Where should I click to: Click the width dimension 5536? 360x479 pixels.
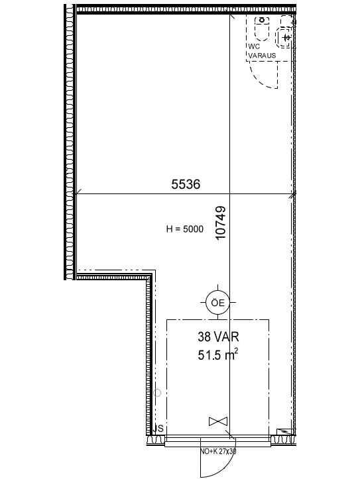tap(186, 184)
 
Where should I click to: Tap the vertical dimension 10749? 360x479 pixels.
tap(221, 223)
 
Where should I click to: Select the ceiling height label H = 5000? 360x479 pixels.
tap(184, 229)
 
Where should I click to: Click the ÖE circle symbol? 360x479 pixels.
tap(217, 302)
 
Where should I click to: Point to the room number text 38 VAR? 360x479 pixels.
tap(218, 337)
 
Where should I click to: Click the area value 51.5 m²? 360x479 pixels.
tap(218, 355)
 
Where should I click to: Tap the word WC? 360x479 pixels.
tap(254, 46)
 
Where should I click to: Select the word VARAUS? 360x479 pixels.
tap(262, 56)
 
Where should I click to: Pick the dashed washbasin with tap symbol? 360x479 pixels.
tap(284, 37)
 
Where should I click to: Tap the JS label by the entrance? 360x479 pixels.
tap(158, 428)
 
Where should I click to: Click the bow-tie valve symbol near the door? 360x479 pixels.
tap(218, 421)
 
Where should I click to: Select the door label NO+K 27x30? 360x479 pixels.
tap(218, 451)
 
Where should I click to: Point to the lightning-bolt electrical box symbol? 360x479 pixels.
tap(286, 432)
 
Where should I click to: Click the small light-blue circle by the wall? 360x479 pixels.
tap(157, 393)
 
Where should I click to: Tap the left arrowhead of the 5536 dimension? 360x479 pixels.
tap(78, 193)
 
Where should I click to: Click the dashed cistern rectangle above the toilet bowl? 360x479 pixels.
tap(262, 20)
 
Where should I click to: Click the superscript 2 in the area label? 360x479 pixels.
tap(236, 352)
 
